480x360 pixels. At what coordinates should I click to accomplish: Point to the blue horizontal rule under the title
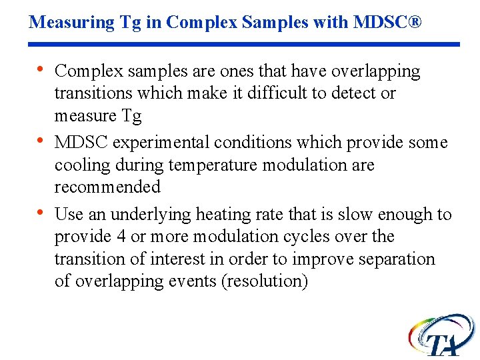click(244, 45)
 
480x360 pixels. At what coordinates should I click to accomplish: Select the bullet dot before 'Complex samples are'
click(41, 70)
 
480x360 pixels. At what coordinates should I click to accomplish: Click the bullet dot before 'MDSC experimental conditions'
click(41, 141)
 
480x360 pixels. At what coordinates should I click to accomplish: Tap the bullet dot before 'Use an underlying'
click(41, 213)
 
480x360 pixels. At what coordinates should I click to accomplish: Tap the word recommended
click(107, 187)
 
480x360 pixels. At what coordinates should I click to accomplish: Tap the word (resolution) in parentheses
click(266, 281)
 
